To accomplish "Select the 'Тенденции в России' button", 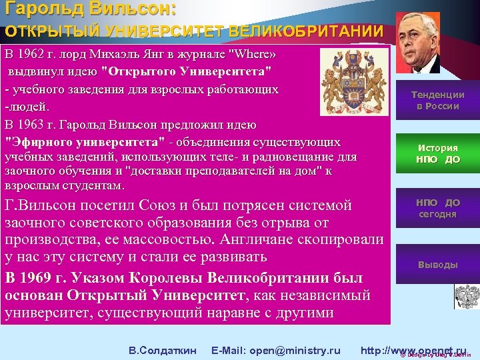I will coord(437,100).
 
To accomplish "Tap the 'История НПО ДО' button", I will coord(437,153).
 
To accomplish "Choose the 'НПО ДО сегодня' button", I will coord(437,208).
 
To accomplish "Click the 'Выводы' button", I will coord(437,265).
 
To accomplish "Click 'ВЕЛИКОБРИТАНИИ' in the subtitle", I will coord(306,31).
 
